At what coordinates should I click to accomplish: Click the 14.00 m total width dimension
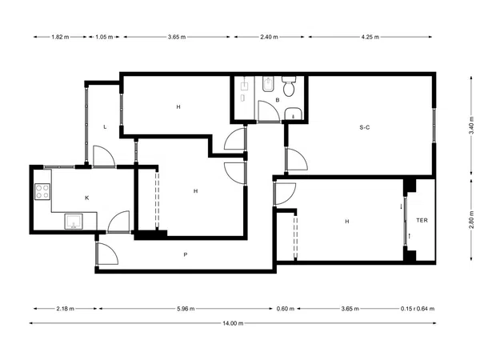pos(233,323)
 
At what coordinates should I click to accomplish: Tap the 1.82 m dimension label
pos(60,37)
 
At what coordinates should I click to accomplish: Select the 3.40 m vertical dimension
pos(471,126)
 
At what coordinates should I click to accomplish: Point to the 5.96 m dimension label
pos(186,309)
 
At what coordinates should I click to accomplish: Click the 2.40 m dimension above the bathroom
pos(269,37)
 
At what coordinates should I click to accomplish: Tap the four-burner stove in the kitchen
pos(42,192)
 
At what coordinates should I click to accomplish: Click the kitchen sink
pos(74,222)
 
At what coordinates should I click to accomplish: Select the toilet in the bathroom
pos(289,86)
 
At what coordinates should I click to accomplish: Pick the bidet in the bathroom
pos(269,85)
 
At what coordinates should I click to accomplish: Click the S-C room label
pos(364,127)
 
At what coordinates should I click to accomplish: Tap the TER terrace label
pos(422,220)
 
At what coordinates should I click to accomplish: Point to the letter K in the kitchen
pos(87,198)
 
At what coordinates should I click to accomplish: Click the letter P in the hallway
pos(186,254)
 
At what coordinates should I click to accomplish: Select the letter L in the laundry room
pos(105,127)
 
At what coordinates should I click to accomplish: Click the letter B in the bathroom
pos(278,100)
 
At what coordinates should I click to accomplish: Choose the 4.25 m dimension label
pos(370,37)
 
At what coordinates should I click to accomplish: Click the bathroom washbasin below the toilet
pos(294,114)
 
